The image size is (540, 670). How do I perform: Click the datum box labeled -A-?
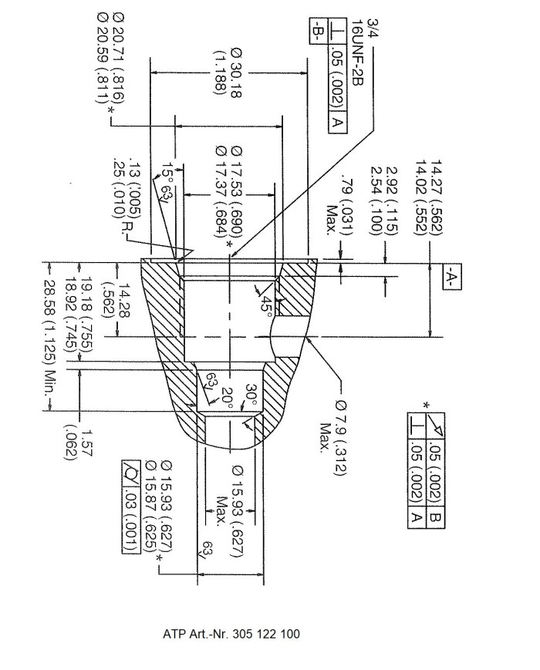pyautogui.click(x=452, y=277)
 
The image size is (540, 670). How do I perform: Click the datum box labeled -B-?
pyautogui.click(x=319, y=30)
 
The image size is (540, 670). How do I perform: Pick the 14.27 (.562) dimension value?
pyautogui.click(x=436, y=197)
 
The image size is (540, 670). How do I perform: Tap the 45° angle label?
pyautogui.click(x=265, y=306)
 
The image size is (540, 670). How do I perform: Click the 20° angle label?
pyautogui.click(x=228, y=399)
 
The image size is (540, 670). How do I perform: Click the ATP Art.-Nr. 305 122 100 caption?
pyautogui.click(x=231, y=634)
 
